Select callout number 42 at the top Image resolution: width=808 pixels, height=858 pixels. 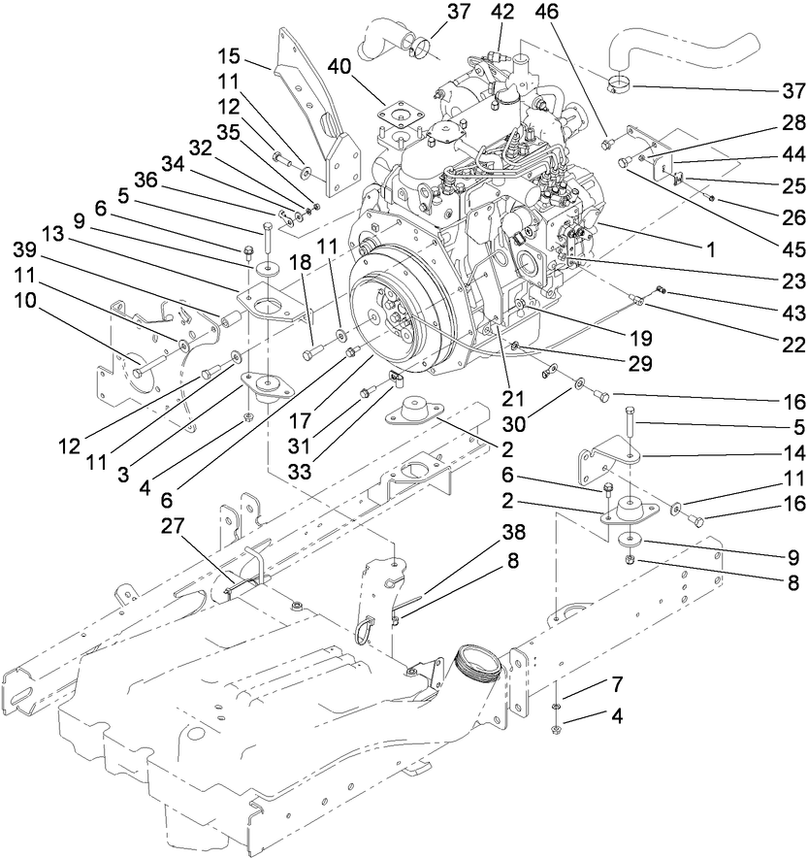click(501, 13)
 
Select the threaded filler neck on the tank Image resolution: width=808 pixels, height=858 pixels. click(482, 665)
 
